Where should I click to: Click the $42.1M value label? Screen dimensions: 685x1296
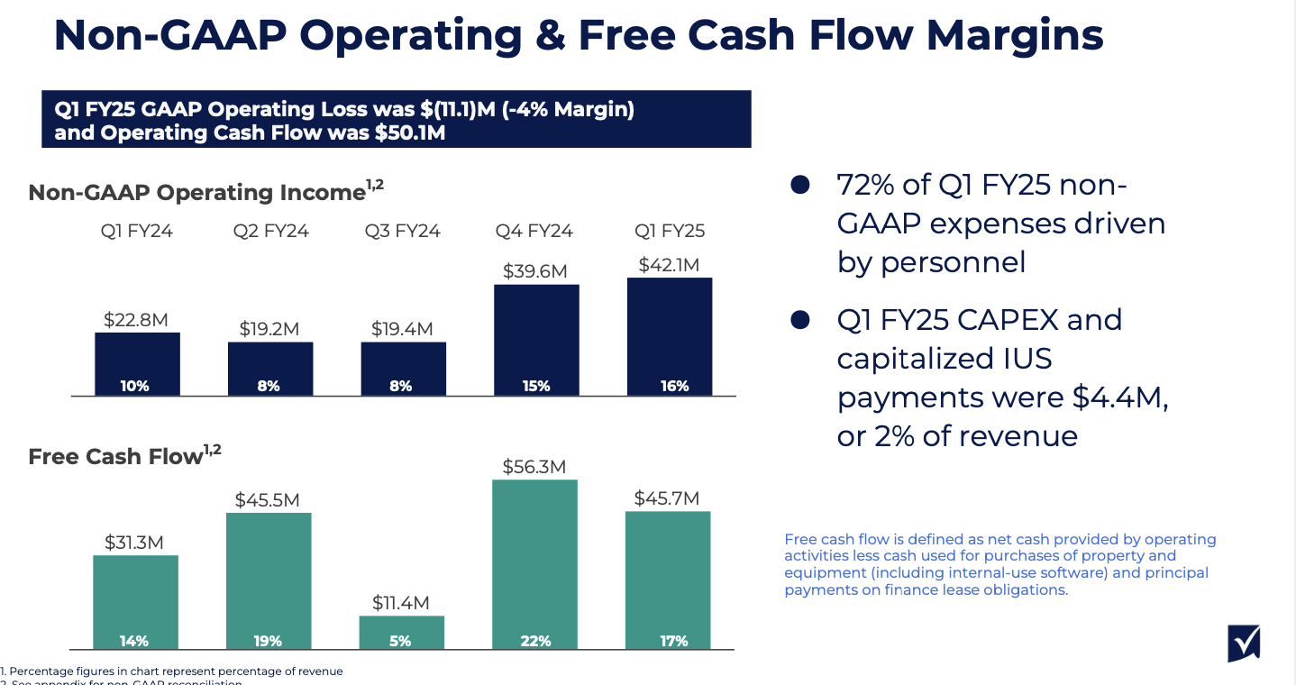click(669, 265)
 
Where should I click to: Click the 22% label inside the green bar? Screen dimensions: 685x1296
click(535, 641)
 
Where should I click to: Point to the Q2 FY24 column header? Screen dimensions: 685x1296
click(270, 231)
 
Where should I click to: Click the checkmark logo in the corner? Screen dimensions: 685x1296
click(1244, 644)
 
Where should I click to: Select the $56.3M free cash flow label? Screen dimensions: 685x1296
click(534, 467)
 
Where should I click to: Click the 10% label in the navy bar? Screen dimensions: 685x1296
click(134, 386)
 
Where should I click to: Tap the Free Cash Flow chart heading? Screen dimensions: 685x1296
click(115, 456)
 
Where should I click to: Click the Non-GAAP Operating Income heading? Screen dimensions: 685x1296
click(196, 192)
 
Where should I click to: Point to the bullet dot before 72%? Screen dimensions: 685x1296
click(799, 185)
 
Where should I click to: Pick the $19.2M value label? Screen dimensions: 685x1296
click(269, 329)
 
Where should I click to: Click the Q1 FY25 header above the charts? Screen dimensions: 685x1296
click(670, 231)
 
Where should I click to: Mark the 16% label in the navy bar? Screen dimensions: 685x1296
click(673, 386)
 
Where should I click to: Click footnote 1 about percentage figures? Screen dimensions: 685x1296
click(172, 671)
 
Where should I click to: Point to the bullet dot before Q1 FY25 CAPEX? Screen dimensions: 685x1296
click(799, 320)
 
